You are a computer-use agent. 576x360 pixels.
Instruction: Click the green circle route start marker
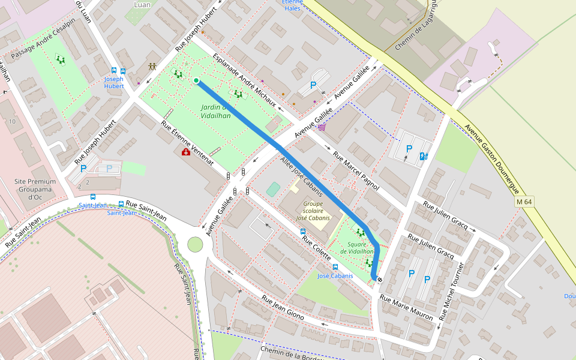tap(196, 80)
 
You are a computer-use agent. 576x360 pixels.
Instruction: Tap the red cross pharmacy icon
tap(186, 152)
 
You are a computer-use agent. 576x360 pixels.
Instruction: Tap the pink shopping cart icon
tap(322, 126)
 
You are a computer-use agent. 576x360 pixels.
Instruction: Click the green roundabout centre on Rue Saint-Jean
tap(195, 244)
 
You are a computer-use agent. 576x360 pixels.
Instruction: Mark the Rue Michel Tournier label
tap(452, 290)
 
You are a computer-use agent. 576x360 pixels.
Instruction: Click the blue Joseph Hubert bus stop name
tap(114, 82)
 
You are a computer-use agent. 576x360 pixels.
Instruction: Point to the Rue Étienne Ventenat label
tap(187, 143)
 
